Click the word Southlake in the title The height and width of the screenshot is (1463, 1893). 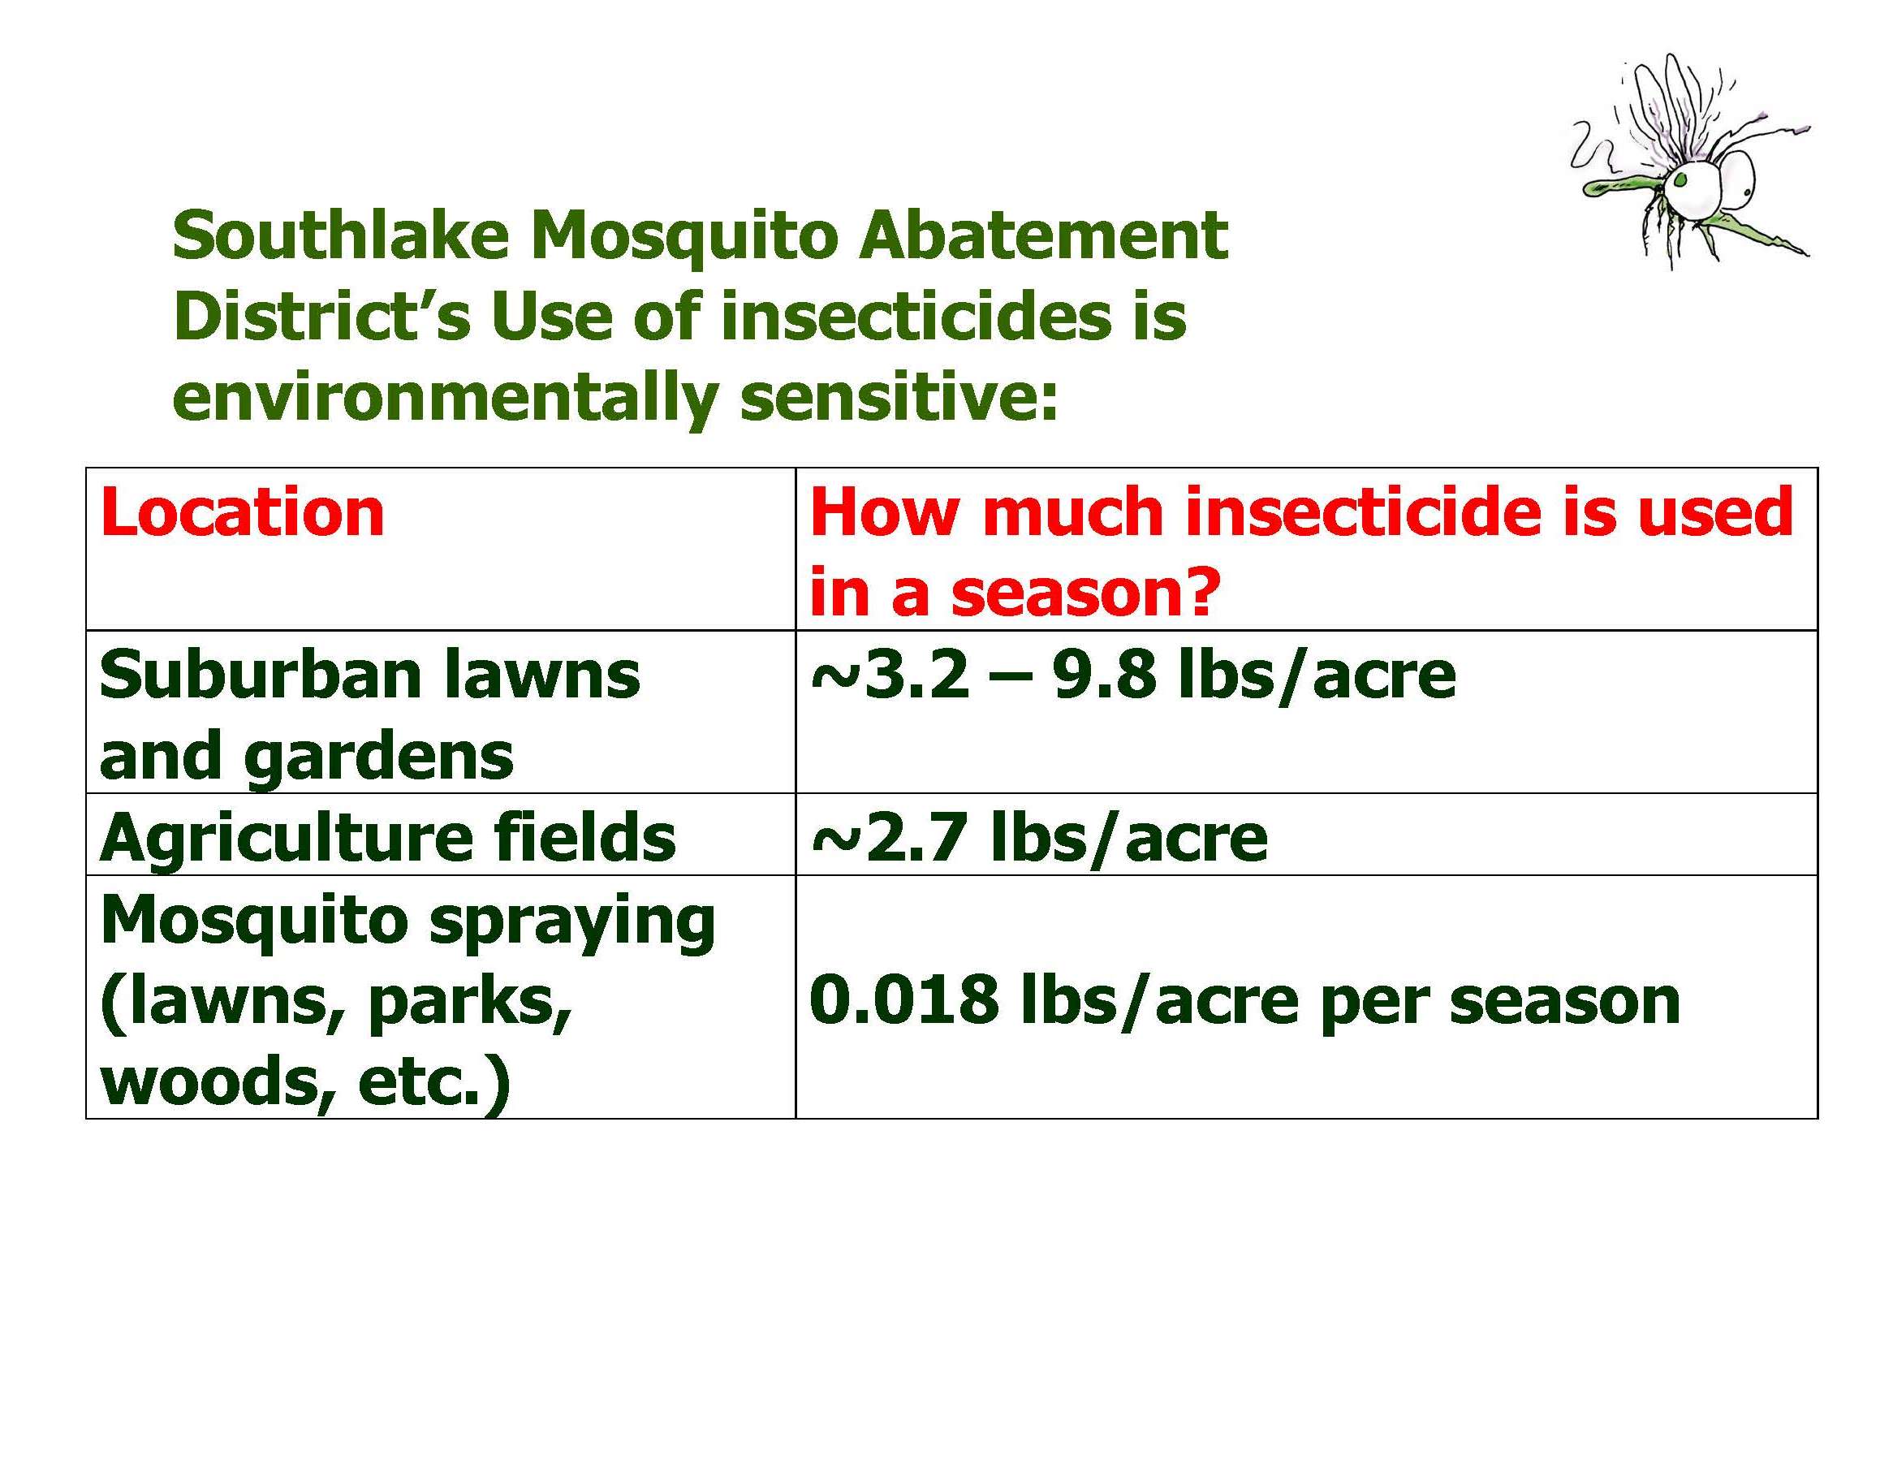click(x=341, y=235)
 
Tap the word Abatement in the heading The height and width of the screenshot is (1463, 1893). click(x=1043, y=235)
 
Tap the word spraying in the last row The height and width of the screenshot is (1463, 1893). click(x=573, y=921)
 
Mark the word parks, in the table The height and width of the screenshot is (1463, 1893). click(x=470, y=1003)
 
